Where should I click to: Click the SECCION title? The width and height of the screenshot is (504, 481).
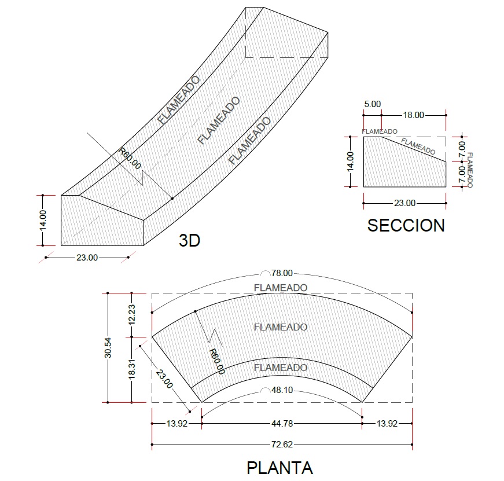406,225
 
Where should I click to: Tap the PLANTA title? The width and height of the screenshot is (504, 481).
279,468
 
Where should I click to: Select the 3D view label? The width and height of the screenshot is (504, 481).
189,240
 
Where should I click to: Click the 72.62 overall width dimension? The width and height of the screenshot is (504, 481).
282,445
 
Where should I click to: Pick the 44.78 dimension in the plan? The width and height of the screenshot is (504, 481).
282,424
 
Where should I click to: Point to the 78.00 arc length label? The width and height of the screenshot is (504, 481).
282,273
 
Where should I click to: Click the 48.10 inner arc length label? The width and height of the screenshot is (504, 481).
282,390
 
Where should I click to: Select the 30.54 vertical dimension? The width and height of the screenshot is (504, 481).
108,347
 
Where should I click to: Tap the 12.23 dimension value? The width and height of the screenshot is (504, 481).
131,315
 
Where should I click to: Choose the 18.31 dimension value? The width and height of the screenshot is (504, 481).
131,369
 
